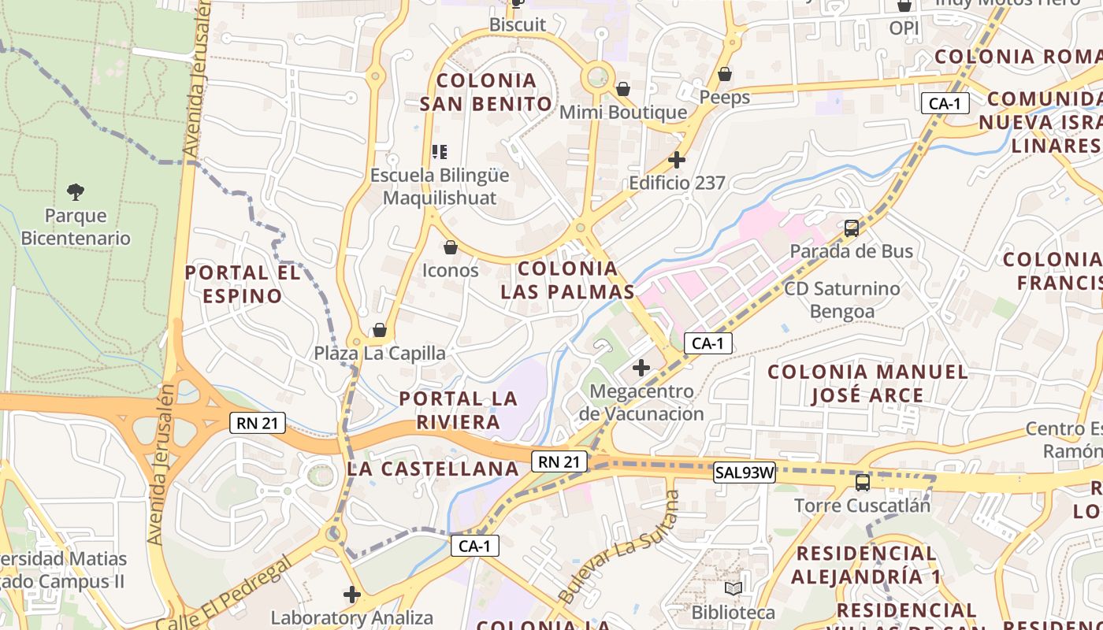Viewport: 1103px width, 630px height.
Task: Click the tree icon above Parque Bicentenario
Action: pyautogui.click(x=76, y=191)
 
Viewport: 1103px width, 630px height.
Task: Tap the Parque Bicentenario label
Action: pyautogui.click(x=76, y=227)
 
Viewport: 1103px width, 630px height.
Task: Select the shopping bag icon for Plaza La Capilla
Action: pyautogui.click(x=380, y=330)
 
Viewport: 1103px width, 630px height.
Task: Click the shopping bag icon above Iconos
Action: pyautogui.click(x=451, y=248)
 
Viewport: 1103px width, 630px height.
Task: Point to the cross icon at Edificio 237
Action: pyautogui.click(x=676, y=160)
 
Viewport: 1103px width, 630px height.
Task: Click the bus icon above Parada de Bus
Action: pyautogui.click(x=852, y=228)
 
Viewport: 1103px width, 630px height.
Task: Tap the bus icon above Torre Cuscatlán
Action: pyautogui.click(x=863, y=482)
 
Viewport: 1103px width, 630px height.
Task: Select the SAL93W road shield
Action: pyautogui.click(x=745, y=473)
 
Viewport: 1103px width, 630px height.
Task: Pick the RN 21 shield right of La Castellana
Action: pyautogui.click(x=559, y=461)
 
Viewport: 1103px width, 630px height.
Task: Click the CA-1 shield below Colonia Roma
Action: pyautogui.click(x=945, y=103)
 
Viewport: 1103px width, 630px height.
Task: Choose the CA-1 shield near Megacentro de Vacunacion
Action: pyautogui.click(x=707, y=343)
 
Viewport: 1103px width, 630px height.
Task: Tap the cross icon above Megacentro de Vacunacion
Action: pyautogui.click(x=641, y=367)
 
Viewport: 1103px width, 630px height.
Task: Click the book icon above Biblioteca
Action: pyautogui.click(x=733, y=588)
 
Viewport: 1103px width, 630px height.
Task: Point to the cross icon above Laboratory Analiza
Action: pyautogui.click(x=352, y=595)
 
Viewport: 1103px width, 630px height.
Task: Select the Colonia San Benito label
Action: pyautogui.click(x=486, y=92)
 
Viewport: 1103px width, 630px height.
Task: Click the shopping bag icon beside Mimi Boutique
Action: pyautogui.click(x=623, y=89)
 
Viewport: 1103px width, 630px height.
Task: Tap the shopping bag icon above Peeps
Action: pyautogui.click(x=725, y=74)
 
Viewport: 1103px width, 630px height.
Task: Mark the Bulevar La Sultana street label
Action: pyautogui.click(x=619, y=546)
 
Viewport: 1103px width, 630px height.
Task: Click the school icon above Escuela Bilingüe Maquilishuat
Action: pyautogui.click(x=440, y=151)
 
